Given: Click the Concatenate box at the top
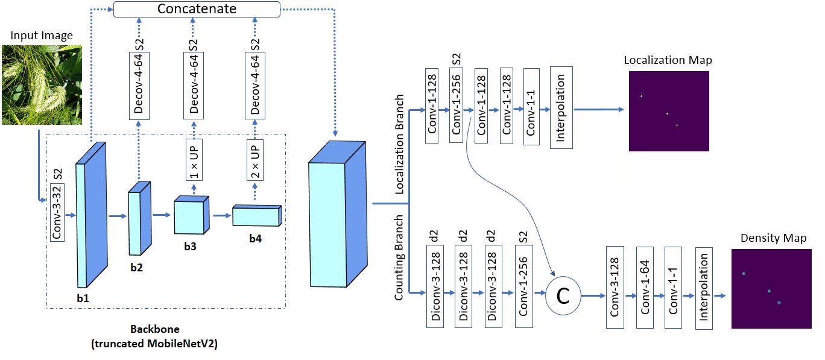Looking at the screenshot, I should click(197, 9).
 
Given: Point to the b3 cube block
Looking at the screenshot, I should click(190, 215).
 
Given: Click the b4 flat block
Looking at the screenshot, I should click(256, 215).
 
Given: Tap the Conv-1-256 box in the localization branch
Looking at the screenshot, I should click(457, 106).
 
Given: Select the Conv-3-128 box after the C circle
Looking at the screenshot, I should click(615, 287).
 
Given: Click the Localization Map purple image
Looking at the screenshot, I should click(669, 110).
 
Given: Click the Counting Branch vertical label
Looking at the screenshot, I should click(399, 257).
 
